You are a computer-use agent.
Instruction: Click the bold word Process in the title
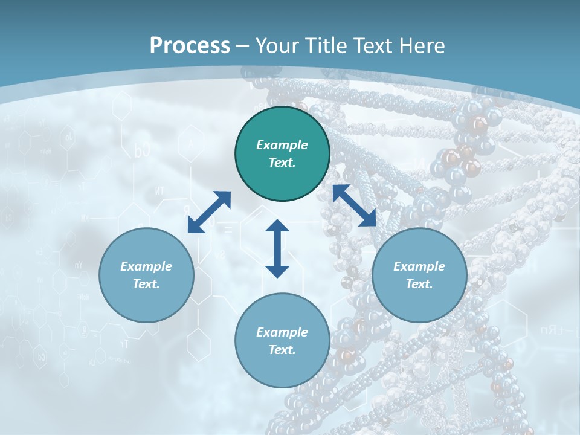tap(190, 46)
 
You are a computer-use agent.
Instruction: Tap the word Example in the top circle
tap(282, 145)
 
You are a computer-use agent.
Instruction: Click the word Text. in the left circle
tap(146, 284)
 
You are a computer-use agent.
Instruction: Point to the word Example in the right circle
tap(419, 266)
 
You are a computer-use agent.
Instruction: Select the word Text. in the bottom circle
tap(282, 350)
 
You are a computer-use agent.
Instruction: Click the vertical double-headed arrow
tap(277, 248)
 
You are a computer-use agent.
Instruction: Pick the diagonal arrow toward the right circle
tap(354, 205)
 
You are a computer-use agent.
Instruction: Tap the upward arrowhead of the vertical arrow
tap(277, 226)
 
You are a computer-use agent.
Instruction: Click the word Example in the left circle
tap(146, 266)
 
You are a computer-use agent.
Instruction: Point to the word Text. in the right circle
tap(419, 284)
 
